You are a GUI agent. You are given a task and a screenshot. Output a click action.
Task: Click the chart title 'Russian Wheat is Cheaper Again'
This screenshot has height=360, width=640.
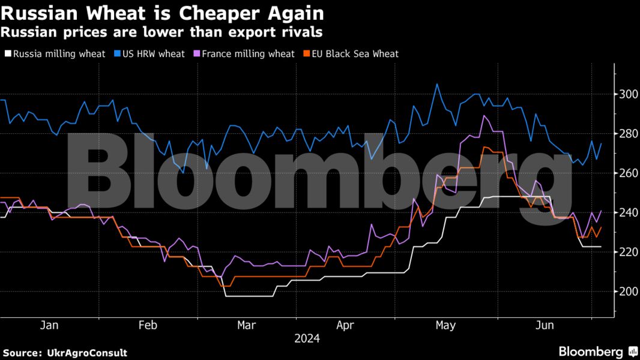point(162,13)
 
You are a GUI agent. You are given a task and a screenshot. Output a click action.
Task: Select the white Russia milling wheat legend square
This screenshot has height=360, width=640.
point(7,54)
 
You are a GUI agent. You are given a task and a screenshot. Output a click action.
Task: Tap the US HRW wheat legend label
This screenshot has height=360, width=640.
point(154,54)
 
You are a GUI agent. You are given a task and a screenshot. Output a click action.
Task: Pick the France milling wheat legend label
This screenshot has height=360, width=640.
point(248,54)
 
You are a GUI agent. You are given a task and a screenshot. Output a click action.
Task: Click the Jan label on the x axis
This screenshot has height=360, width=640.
point(49,325)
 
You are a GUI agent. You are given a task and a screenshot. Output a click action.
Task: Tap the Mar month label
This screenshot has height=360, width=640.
point(246,325)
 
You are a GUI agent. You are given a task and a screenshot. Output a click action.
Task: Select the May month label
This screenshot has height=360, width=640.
point(445,325)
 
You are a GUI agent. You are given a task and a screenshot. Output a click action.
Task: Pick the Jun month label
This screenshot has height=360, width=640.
point(544,325)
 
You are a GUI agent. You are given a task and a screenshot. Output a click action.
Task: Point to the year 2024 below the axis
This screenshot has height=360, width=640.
point(307,338)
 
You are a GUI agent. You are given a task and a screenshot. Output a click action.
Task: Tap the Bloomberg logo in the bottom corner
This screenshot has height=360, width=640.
point(597,352)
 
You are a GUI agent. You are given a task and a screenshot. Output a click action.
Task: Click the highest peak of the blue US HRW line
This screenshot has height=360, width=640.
point(436,84)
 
